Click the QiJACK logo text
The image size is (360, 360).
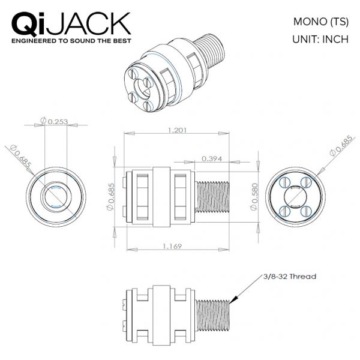point(71,24)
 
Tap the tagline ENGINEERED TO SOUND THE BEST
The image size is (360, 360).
point(71,41)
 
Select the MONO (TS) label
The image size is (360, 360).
point(321,22)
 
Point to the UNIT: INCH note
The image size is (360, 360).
point(320,39)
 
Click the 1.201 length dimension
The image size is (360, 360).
point(177,130)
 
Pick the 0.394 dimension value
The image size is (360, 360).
point(212,158)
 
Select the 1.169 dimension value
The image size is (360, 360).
point(172,247)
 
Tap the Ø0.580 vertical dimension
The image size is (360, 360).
point(254,197)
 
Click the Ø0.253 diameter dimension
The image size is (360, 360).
point(54,121)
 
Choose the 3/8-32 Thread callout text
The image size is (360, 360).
point(290,277)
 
